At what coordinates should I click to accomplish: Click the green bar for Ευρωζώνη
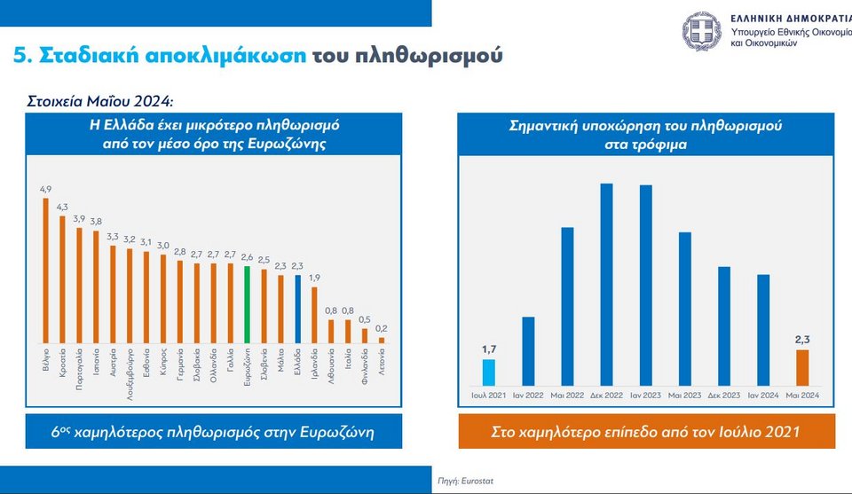click(x=248, y=303)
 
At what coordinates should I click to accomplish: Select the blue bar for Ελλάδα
click(x=298, y=309)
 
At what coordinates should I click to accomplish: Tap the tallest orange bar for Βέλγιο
click(x=46, y=270)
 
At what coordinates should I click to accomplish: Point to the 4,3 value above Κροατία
click(x=61, y=207)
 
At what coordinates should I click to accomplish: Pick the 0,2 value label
click(x=382, y=328)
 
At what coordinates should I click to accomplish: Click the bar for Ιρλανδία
click(x=315, y=315)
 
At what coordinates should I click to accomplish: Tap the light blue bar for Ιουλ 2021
click(x=488, y=372)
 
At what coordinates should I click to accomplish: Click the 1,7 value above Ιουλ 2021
click(x=488, y=349)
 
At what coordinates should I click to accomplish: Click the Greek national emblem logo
click(x=703, y=31)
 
